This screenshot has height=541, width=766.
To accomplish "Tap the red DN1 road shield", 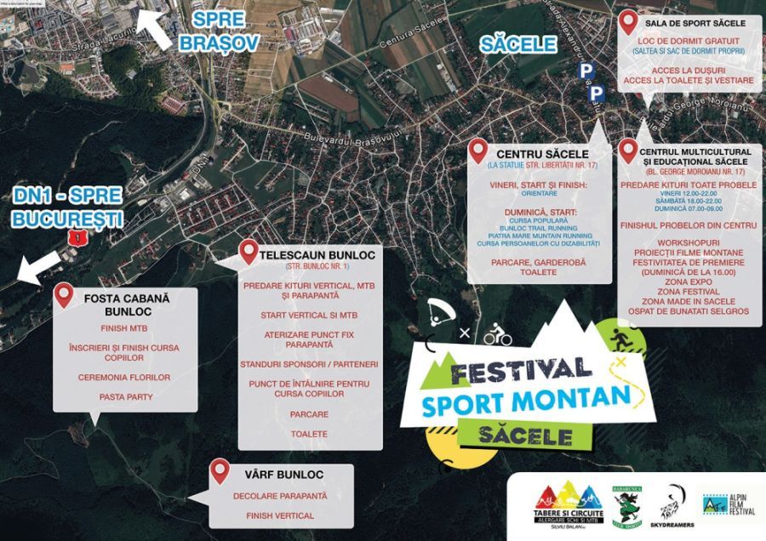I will [79, 238].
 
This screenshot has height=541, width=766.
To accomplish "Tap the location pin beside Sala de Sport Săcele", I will [628, 23].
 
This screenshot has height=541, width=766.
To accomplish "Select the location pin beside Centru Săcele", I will [480, 152].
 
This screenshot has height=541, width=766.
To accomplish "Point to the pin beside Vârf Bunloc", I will [220, 470].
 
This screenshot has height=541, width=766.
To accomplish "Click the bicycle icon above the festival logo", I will [498, 337].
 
